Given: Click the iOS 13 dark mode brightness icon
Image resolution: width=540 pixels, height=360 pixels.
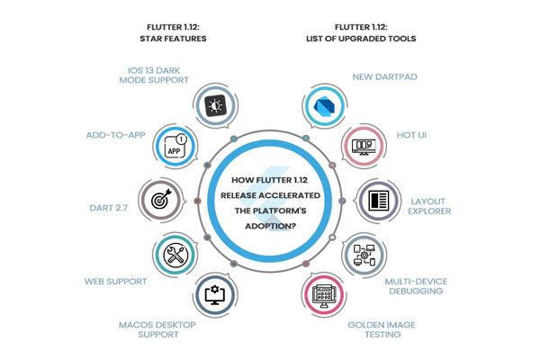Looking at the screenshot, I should click(216, 104).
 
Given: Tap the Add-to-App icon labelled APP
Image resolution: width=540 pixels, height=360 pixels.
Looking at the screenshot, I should click(174, 147).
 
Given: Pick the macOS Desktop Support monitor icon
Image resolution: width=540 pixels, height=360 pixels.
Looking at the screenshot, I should click(216, 293).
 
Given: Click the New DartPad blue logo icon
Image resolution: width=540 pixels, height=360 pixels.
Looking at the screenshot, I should click(323, 104).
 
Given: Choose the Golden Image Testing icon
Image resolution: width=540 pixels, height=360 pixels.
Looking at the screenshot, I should click(324, 293).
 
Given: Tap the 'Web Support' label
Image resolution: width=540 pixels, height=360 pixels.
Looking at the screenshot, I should click(116, 282).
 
